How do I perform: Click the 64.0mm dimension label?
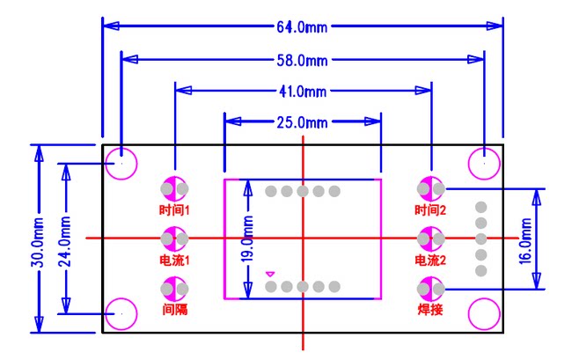[x=303, y=26]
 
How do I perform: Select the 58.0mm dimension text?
[x=303, y=60]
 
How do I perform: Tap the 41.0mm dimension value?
[x=303, y=91]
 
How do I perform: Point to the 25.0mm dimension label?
[x=303, y=121]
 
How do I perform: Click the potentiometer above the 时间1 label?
[x=174, y=188]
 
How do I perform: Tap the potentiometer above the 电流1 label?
[x=174, y=238]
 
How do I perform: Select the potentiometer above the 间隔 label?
[x=174, y=287]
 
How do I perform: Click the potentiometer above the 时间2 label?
[x=431, y=188]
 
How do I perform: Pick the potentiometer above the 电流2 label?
[x=431, y=238]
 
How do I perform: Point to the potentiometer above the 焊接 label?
[x=431, y=287]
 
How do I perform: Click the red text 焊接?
[x=431, y=310]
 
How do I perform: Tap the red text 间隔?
[x=174, y=310]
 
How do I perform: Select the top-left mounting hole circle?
[x=121, y=163]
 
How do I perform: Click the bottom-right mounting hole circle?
[x=483, y=313]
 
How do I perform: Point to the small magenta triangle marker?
[x=269, y=274]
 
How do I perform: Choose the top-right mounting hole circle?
[x=483, y=163]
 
